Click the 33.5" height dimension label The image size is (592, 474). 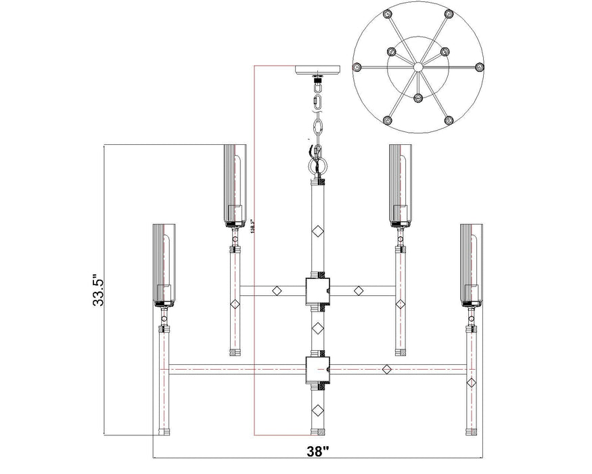[99, 289]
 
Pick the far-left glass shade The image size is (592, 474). [164, 263]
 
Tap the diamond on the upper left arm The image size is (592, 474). [276, 290]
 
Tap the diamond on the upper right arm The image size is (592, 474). [359, 290]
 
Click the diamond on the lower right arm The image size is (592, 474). [386, 369]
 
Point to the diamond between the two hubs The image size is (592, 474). [317, 328]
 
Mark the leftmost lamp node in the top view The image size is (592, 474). [358, 66]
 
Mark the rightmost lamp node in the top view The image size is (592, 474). [480, 66]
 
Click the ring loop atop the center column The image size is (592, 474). [319, 165]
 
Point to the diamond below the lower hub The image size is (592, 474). [317, 409]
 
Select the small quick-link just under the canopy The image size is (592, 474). [317, 103]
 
